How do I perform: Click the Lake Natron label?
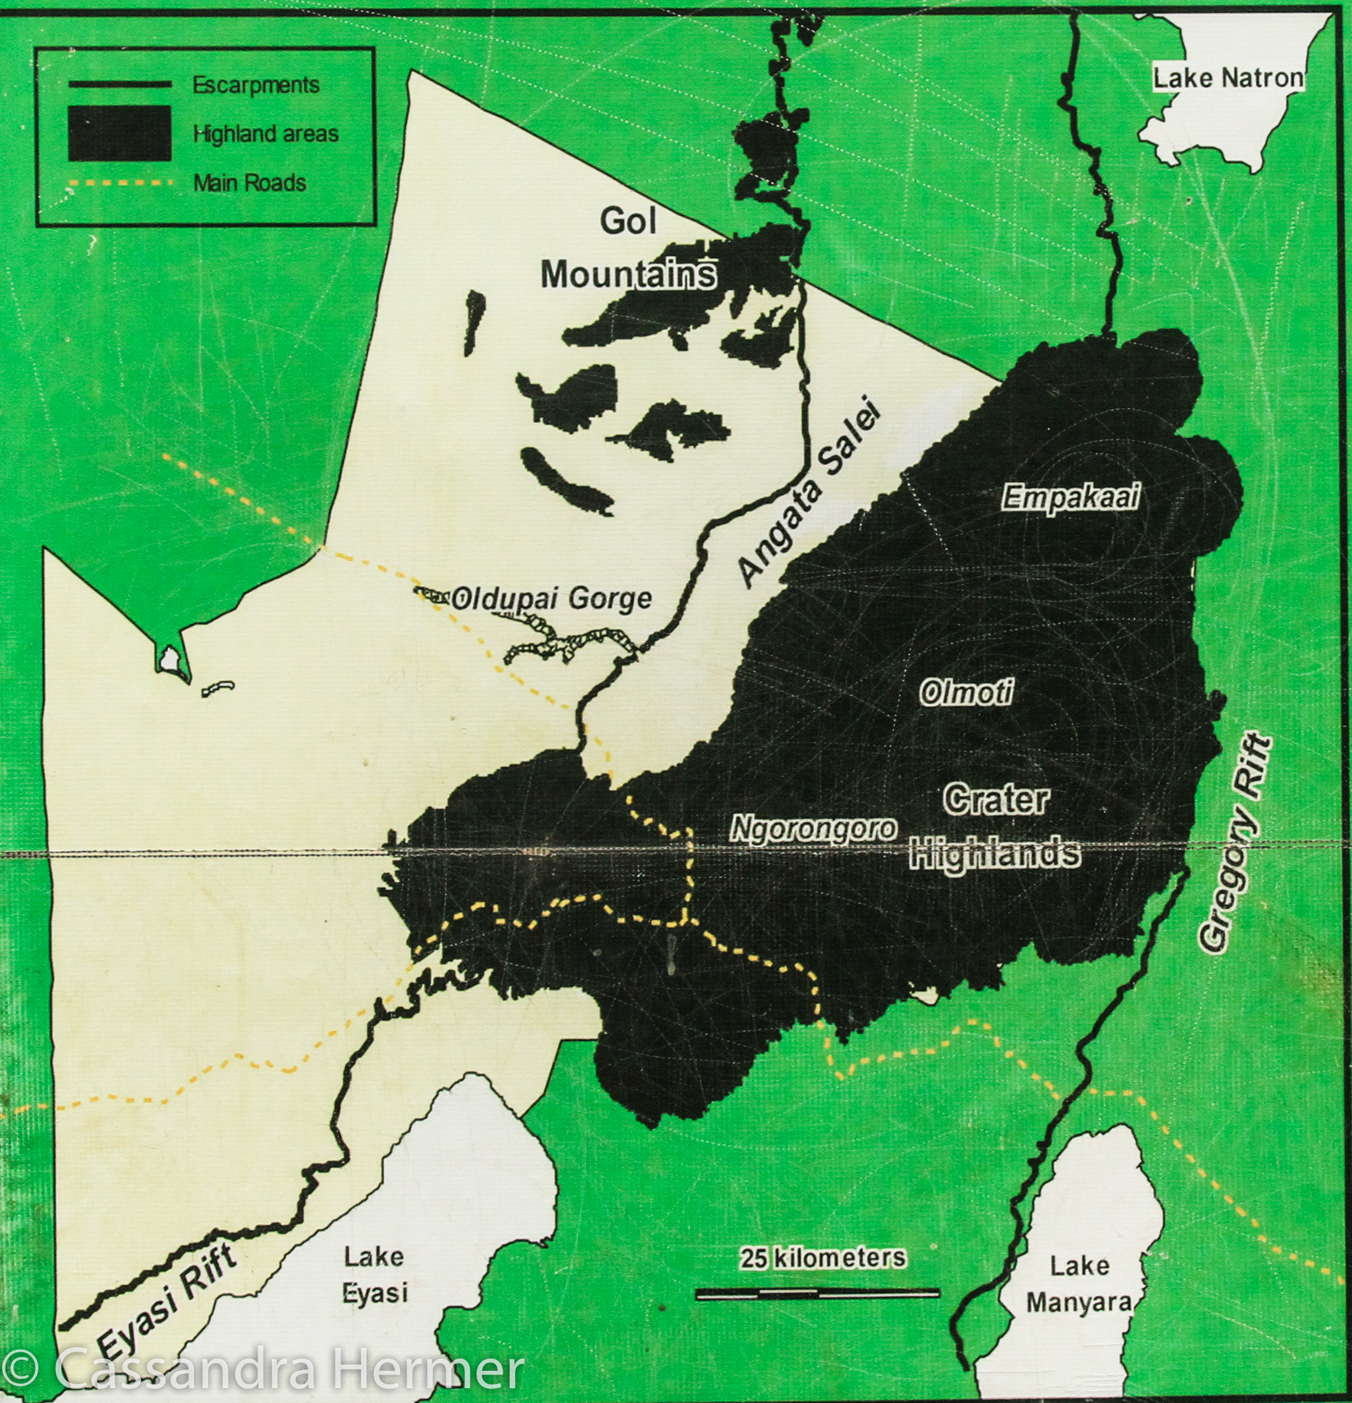[1228, 78]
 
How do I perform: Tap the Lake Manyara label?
[1078, 1285]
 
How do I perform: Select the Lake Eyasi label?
[374, 1275]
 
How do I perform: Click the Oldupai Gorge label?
[552, 598]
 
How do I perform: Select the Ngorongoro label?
[813, 829]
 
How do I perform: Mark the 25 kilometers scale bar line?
[817, 1293]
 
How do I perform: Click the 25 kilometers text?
[823, 1258]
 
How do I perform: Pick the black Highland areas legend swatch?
[119, 133]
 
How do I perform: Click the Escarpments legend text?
[256, 85]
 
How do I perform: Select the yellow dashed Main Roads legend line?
[119, 183]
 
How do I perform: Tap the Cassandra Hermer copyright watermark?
[264, 1368]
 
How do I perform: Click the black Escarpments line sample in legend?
[119, 84]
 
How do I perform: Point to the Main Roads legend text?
[249, 183]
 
